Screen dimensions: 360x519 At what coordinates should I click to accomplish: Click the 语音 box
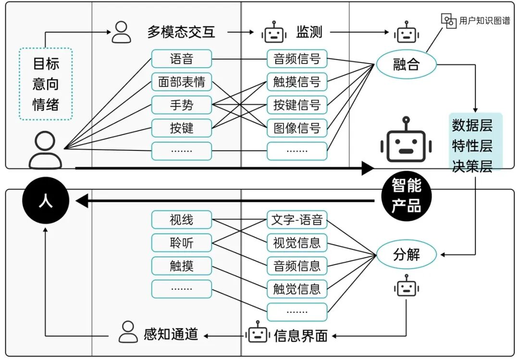pyautogui.click(x=181, y=59)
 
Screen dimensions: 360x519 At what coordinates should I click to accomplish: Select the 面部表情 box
pyautogui.click(x=181, y=82)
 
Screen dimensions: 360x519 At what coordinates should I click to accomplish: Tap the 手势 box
pyautogui.click(x=181, y=105)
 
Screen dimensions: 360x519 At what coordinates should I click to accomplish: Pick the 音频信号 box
pyautogui.click(x=297, y=59)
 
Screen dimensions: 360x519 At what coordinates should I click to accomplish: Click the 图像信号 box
pyautogui.click(x=297, y=128)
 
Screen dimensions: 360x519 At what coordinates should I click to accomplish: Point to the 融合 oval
pyautogui.click(x=406, y=64)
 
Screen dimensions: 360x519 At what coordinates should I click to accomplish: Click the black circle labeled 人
pyautogui.click(x=46, y=201)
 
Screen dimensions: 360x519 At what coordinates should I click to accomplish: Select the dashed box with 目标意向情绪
pyautogui.click(x=46, y=84)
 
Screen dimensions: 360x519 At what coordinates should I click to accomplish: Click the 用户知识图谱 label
pyautogui.click(x=484, y=21)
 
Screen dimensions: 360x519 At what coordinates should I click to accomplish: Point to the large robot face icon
pyautogui.click(x=406, y=140)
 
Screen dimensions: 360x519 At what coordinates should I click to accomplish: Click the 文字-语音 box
pyautogui.click(x=297, y=220)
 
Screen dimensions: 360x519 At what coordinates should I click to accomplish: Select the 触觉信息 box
pyautogui.click(x=297, y=289)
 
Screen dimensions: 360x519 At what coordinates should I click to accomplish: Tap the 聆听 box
pyautogui.click(x=181, y=243)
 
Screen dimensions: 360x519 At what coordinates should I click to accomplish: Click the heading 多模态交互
pyautogui.click(x=181, y=32)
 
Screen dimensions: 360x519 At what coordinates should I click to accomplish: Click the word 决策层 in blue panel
pyautogui.click(x=472, y=166)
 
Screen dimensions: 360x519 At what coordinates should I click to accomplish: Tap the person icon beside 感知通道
pyautogui.click(x=127, y=332)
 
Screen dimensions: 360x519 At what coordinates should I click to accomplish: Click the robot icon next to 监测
pyautogui.click(x=273, y=33)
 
